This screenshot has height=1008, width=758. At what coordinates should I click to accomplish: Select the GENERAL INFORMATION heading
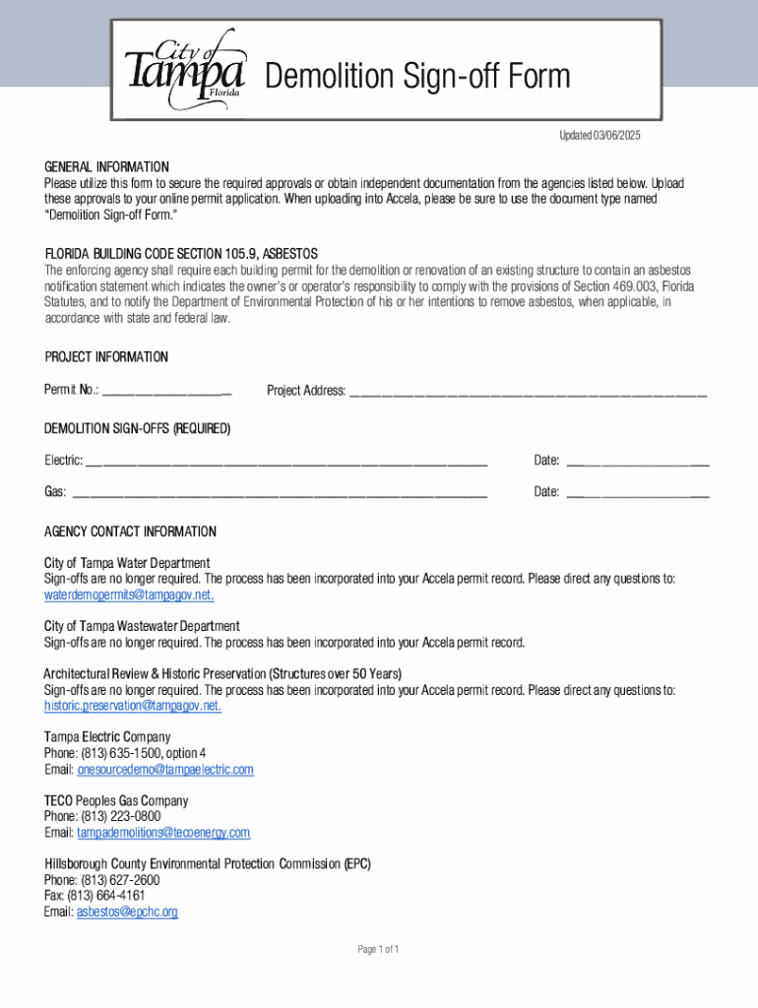coord(106,166)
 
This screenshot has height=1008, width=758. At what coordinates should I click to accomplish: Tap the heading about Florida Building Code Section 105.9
coord(180,253)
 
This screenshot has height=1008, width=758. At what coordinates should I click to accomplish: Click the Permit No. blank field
coord(166,391)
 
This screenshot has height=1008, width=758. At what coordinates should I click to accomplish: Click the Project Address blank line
coord(528,391)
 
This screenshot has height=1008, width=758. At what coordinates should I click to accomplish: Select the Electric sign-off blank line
coord(286,461)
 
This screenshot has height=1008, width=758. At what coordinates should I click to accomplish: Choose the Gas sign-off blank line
coord(280,491)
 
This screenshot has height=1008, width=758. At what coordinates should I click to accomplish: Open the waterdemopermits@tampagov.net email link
coord(129,596)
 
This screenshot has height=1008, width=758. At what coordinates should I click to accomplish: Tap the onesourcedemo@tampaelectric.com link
coord(165,769)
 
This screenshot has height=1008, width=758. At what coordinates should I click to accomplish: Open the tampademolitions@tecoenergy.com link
coord(163,833)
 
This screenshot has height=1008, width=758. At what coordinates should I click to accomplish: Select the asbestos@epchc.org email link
coord(127,912)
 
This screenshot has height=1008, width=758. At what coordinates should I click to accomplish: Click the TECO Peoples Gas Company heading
coord(116,800)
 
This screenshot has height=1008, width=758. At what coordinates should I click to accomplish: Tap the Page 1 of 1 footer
coord(378,949)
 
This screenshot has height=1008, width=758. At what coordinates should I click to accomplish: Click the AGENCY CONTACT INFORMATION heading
coord(130,532)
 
